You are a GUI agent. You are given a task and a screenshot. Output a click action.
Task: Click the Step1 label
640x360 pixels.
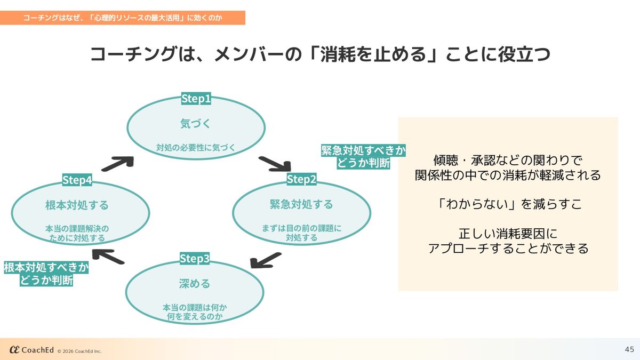tap(196, 99)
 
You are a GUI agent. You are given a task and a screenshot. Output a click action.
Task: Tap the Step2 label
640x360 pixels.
tap(301, 179)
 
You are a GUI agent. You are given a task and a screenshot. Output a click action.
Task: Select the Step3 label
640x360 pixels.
tap(195, 259)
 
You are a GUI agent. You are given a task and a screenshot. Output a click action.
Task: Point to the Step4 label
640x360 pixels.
tap(77, 180)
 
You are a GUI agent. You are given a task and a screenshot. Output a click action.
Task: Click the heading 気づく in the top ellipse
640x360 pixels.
tap(196, 124)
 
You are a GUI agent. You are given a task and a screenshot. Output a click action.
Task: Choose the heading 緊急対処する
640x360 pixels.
tap(301, 204)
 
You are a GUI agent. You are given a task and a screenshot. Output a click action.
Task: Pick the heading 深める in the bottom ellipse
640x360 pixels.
tap(195, 283)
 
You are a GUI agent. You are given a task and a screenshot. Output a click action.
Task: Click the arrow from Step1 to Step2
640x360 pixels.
tap(274, 164)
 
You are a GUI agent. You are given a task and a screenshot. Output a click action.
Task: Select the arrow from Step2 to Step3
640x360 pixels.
tap(266, 260)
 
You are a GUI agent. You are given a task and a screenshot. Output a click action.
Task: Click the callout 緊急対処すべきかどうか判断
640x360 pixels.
tap(363, 156)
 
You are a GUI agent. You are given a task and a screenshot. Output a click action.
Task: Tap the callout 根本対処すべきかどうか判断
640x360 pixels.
tap(46, 274)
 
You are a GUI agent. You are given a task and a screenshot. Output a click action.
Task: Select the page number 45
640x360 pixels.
tap(629, 349)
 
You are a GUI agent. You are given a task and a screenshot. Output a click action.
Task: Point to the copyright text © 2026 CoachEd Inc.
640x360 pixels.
tap(79, 351)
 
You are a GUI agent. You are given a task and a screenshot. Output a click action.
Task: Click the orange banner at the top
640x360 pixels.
tap(123, 18)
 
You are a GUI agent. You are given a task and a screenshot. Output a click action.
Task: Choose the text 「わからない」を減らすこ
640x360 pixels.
tap(508, 204)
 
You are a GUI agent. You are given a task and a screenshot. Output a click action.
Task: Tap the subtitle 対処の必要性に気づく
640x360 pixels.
tap(196, 147)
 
